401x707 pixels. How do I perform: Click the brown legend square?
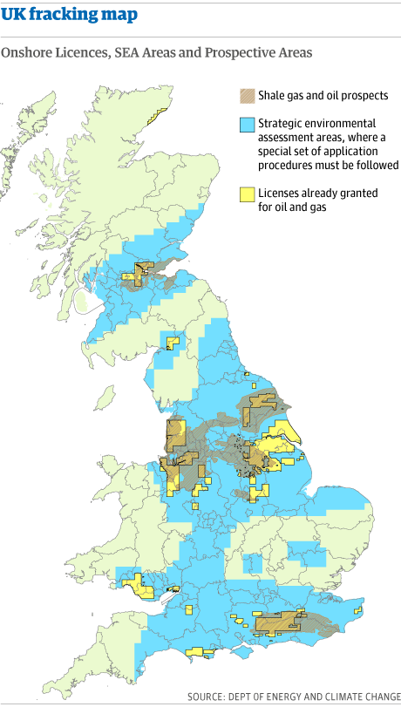(248, 96)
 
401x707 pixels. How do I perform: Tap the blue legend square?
(248, 125)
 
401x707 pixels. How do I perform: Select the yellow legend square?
(248, 194)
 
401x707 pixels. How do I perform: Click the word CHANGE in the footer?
(381, 697)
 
